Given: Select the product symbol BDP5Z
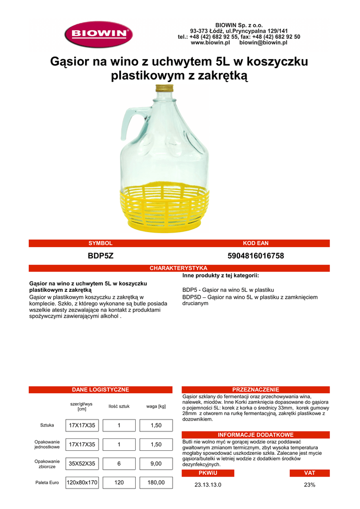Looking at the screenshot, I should [100, 255].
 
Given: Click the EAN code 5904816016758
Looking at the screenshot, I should [256, 255].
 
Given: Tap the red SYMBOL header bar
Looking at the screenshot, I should [100, 243].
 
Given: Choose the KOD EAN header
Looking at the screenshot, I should [256, 243].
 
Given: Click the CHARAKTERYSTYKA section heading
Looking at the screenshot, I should [179, 268].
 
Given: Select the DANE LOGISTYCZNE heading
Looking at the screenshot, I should [100, 390].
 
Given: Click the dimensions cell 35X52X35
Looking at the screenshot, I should [82, 463].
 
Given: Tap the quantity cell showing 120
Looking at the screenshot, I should [119, 482].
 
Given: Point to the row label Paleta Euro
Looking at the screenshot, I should [47, 482].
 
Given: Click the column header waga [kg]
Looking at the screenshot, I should [156, 406].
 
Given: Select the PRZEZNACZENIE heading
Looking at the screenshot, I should [256, 390].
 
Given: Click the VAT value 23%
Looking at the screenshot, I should [309, 485].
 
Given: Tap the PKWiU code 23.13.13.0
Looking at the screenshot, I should [208, 485].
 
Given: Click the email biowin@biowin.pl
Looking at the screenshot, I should [263, 43].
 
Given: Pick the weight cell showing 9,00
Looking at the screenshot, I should [156, 463].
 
